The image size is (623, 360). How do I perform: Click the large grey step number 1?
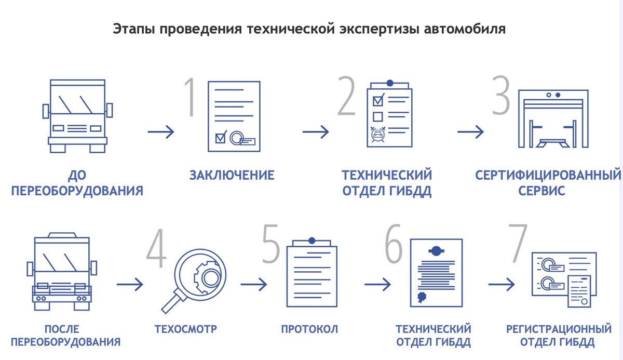point(189,97)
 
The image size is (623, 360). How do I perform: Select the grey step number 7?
point(517,243)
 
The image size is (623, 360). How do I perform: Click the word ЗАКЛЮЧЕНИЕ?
point(232,175)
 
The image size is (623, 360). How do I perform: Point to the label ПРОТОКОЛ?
point(309,329)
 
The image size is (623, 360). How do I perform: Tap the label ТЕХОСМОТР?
point(185,329)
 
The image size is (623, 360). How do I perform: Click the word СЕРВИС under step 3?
point(541,191)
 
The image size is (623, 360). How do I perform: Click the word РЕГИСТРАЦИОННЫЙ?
point(559,329)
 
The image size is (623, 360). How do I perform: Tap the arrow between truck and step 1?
point(161,132)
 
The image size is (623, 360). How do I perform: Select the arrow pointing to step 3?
point(470,132)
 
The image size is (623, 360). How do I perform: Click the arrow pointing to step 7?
point(502,284)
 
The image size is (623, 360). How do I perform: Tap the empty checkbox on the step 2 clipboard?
point(378,116)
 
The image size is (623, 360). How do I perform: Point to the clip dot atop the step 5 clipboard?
point(311,241)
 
